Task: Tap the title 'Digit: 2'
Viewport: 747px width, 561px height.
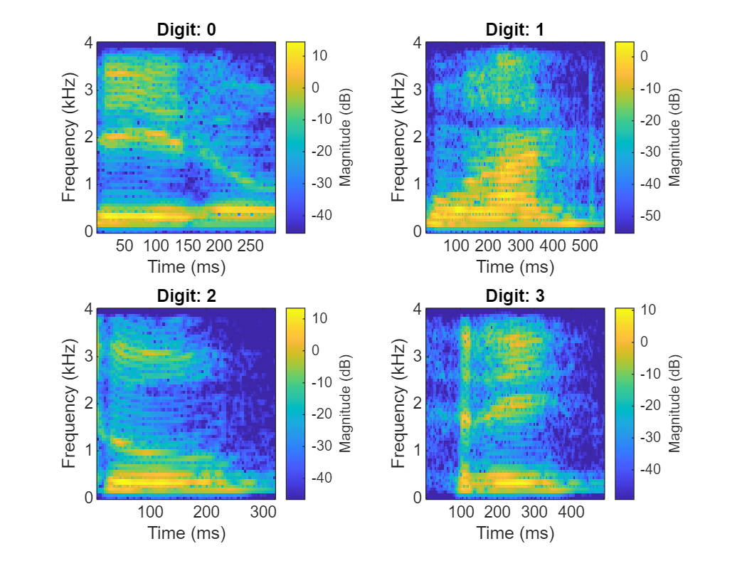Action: (186, 296)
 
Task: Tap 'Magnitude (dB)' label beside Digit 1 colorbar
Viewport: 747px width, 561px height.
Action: (674, 137)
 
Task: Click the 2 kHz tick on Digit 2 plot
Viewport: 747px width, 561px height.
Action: (88, 404)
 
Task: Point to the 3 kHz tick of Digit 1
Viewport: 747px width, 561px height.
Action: (417, 90)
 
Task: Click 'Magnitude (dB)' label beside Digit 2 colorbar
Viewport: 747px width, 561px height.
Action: (346, 404)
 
